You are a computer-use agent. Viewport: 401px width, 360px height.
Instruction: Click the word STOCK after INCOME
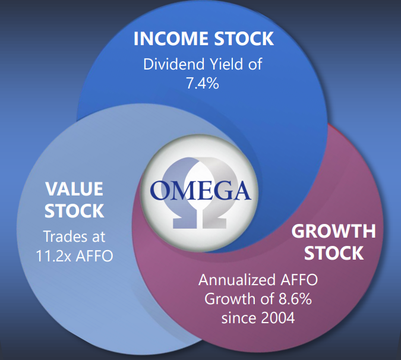[x=244, y=39]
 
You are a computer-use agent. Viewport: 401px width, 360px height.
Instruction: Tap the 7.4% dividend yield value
[x=203, y=83]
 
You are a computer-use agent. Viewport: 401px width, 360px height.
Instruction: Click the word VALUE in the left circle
[x=74, y=189]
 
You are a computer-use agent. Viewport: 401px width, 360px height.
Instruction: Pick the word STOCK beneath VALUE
[x=74, y=211]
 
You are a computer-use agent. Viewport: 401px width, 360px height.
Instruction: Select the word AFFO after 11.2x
[x=94, y=255]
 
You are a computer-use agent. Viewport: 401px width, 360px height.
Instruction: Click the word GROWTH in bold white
[x=333, y=231]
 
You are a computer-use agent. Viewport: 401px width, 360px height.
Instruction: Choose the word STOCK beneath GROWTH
[x=334, y=253]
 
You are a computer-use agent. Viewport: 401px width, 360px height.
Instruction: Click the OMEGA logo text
[x=200, y=191]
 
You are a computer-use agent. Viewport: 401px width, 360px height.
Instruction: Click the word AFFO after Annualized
[x=299, y=280]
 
